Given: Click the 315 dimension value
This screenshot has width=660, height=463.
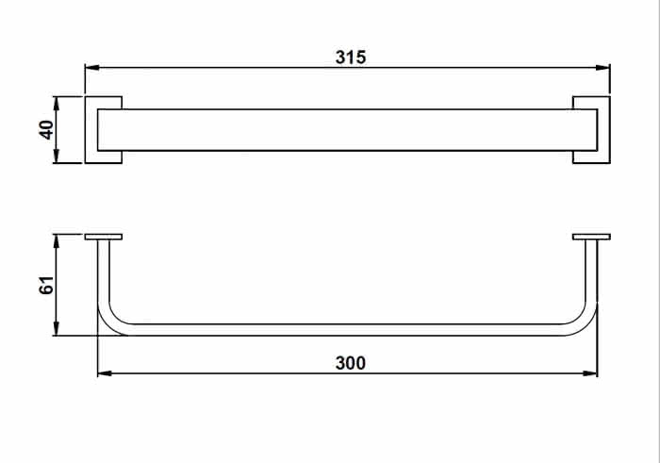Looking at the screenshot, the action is coord(351,58).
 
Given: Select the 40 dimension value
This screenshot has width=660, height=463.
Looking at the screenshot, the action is coord(46,129).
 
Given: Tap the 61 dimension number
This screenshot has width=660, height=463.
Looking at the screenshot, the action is coord(46,285).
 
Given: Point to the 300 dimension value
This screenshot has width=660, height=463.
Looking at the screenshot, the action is coord(351,363).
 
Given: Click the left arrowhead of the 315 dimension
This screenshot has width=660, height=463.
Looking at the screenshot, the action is coord(92,67).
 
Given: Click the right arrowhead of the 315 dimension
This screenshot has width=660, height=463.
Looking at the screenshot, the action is coord(602,67).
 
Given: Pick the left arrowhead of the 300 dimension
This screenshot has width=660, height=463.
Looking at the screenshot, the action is coord(105,373).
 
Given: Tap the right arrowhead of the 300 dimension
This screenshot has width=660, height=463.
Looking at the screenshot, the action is coord(590,373).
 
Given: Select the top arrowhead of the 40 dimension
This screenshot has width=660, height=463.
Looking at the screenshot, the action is coord(57,104).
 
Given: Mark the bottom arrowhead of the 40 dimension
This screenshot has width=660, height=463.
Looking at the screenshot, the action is coord(57,156).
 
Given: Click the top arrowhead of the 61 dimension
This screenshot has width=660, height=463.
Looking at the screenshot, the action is coord(57,241).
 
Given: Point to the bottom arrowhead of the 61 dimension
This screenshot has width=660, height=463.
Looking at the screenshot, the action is coord(57,328).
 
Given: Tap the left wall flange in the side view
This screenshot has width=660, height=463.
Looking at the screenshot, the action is coord(104,237).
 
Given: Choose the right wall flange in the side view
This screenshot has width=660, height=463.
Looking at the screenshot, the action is coord(591,237).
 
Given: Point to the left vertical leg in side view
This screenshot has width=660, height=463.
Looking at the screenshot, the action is coord(104,271).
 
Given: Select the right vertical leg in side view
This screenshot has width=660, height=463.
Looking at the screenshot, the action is coord(591,271).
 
